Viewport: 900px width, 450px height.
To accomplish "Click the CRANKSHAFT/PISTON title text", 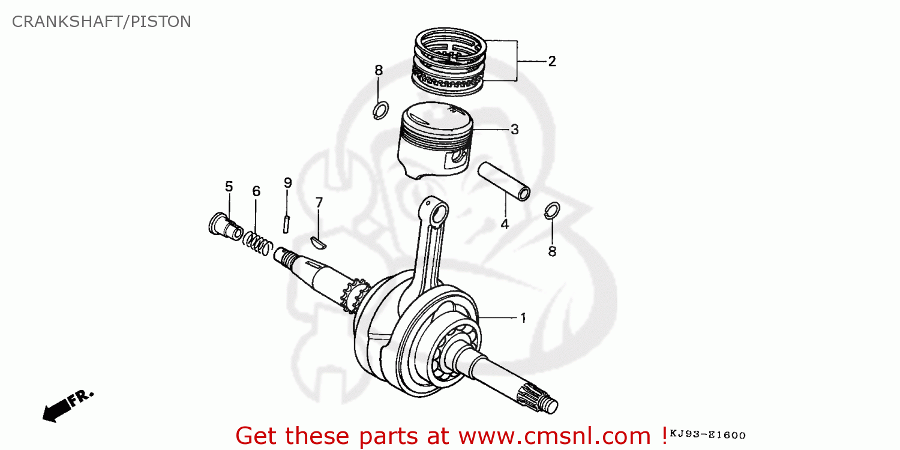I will (101, 22).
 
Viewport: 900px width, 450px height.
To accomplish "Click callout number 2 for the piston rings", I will (551, 61).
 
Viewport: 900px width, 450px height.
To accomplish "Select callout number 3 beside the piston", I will (514, 129).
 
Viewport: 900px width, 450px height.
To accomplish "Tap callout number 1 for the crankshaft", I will (523, 318).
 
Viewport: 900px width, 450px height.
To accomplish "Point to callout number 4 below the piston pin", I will (505, 224).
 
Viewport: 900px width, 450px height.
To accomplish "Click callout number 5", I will (229, 187).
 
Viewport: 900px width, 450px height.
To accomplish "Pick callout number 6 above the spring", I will (256, 191).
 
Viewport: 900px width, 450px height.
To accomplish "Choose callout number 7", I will (319, 203).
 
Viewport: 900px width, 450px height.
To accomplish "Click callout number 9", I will (287, 182).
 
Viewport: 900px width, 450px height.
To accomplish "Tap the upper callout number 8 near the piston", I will (378, 71).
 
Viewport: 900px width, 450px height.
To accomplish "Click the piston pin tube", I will (504, 181).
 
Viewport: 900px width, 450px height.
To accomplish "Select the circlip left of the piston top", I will (380, 110).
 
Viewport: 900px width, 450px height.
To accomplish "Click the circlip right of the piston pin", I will (553, 210).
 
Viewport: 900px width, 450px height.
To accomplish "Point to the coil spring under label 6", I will (258, 243).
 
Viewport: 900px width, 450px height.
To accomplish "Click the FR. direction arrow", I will (67, 405).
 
